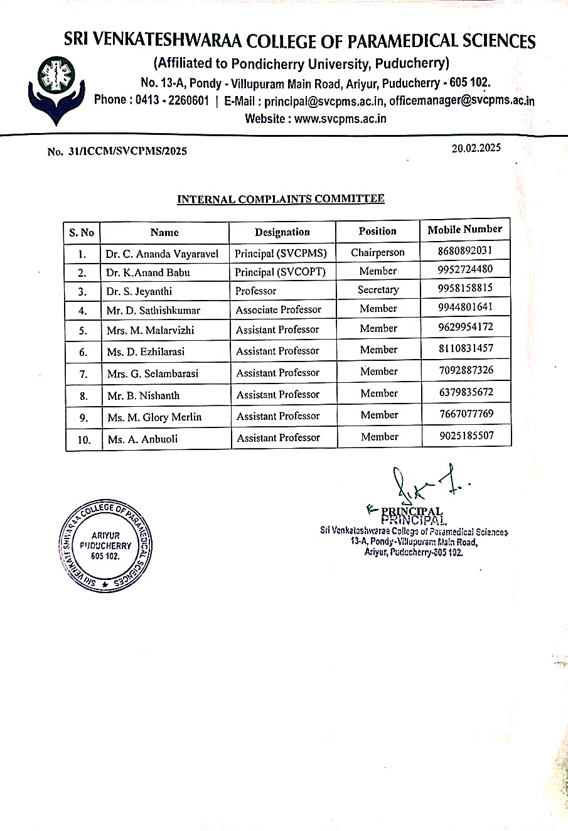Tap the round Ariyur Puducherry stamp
tap(105, 545)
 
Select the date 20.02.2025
tap(476, 148)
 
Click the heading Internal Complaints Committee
tap(281, 199)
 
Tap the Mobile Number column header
tap(464, 230)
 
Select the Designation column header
tap(282, 232)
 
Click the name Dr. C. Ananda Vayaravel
tap(162, 254)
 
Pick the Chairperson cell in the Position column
tap(378, 252)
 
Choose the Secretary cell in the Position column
tap(378, 289)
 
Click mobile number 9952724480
tap(465, 269)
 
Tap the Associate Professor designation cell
tap(278, 309)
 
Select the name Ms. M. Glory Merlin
tap(154, 417)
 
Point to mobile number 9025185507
tap(466, 436)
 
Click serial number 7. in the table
tap(83, 374)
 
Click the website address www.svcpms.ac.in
tap(340, 119)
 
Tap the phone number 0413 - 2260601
tap(171, 100)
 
